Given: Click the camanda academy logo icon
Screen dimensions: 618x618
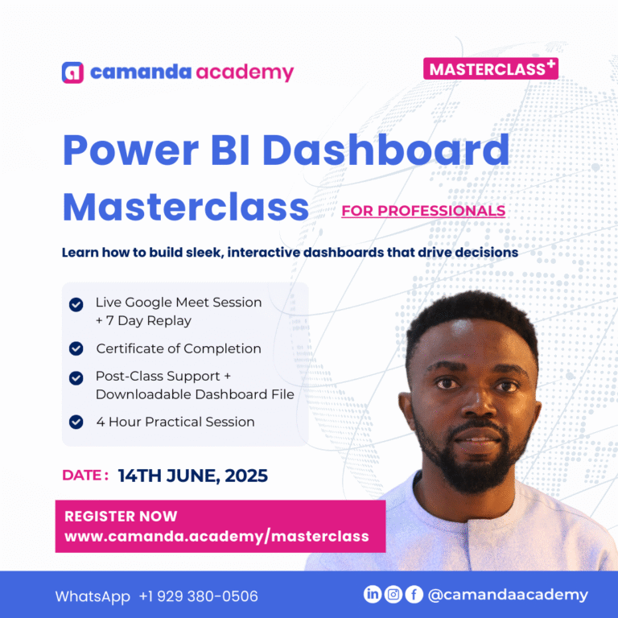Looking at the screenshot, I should [72, 72].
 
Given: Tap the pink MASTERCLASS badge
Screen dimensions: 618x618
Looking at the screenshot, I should [490, 68].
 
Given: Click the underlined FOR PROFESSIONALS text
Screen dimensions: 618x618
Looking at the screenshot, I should [423, 211].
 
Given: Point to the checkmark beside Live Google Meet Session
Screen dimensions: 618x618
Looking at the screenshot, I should [76, 304].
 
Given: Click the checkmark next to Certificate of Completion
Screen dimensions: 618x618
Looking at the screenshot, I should [76, 348].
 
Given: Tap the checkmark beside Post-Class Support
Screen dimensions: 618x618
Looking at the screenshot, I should [76, 377].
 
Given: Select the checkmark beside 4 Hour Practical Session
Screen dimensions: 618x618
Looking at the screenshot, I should [76, 422].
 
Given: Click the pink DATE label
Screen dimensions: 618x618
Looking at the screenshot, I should [84, 475].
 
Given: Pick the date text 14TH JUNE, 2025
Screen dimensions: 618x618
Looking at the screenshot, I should [193, 476].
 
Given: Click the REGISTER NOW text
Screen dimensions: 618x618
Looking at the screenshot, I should [121, 517].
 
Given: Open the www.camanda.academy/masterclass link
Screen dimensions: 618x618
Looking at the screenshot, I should [216, 536].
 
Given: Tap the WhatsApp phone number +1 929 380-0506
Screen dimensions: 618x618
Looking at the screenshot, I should [198, 596].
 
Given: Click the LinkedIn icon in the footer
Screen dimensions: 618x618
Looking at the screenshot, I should [373, 595].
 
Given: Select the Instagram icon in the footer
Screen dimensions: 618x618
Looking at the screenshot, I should [393, 595].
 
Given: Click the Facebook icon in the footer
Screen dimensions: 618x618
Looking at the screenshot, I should [414, 595].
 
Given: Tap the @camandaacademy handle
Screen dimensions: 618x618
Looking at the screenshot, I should [508, 595].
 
